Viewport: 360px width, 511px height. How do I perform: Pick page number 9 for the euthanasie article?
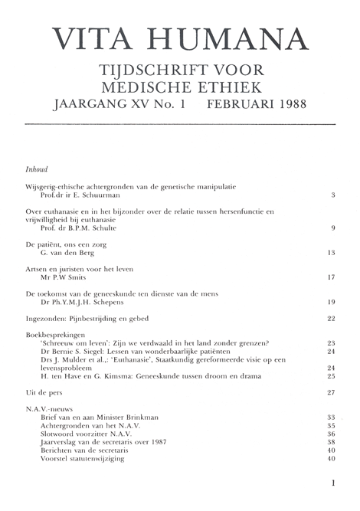pos(333,228)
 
